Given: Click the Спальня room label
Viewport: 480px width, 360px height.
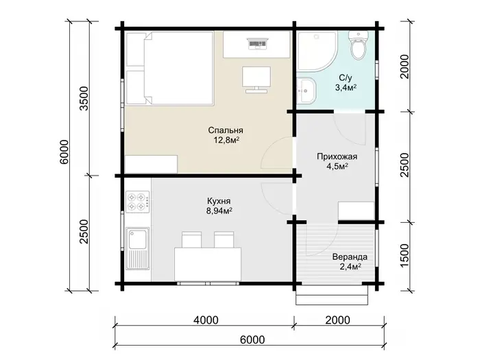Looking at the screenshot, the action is coord(226,130).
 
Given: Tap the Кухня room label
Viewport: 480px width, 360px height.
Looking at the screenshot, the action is coord(219,201).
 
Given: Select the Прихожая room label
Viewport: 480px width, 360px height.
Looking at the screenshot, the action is coord(337,157).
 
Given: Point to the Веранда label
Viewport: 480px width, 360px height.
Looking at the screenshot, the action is coord(350,256).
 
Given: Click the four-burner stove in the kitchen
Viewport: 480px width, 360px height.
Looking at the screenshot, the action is coord(137,202).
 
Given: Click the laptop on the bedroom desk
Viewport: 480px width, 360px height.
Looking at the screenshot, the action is coord(257,44).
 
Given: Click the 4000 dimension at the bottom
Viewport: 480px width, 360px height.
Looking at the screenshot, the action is coord(206,320).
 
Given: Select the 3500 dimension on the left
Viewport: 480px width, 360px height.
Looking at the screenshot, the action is coord(84,99).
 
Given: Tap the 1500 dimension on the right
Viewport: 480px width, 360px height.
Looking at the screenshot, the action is coord(405,256).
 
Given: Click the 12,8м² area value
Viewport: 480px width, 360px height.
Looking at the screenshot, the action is coord(226,141).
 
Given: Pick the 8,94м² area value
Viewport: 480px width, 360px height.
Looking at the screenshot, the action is coord(219,211).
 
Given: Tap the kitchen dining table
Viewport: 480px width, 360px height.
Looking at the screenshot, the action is coord(208,265).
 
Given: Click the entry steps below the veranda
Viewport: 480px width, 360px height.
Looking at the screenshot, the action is coord(332,295).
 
